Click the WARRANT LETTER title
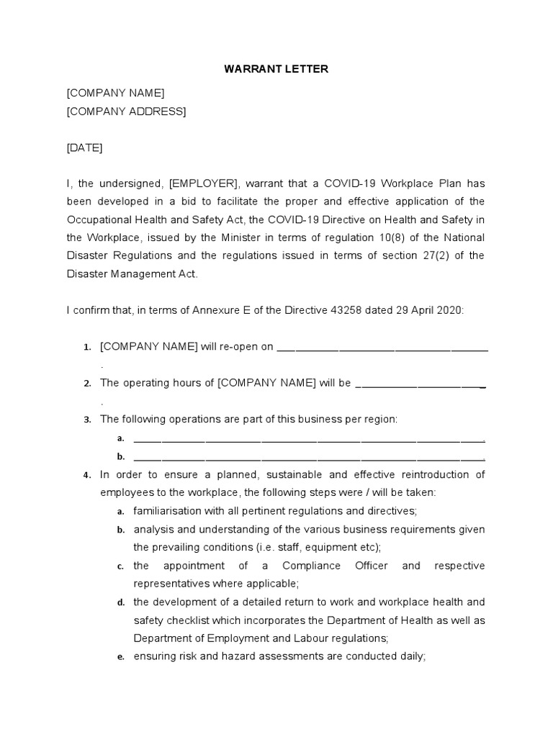276,69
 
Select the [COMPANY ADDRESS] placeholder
126,111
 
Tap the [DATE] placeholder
84,148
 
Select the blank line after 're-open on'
382,348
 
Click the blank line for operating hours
421,384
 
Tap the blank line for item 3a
309,438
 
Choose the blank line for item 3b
309,457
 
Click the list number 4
86,475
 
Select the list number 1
86,348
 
